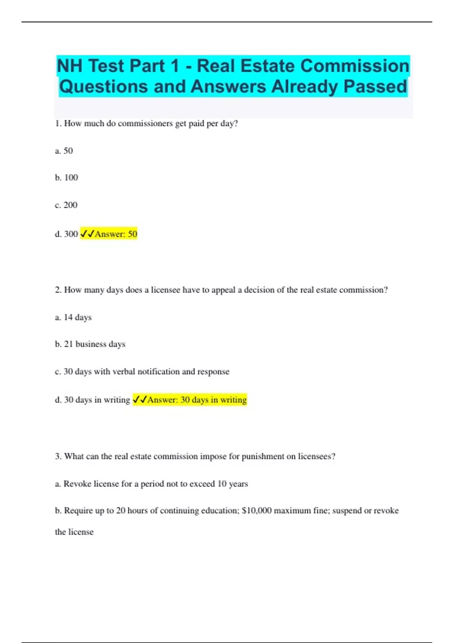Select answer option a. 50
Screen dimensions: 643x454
64,151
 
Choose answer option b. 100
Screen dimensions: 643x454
67,178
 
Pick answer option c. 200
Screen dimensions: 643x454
66,205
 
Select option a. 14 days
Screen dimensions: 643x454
73,317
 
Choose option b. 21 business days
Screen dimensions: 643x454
90,344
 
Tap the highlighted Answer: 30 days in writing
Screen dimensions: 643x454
190,400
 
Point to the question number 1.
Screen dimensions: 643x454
58,124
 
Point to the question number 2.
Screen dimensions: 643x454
58,290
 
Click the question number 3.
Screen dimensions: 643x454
58,457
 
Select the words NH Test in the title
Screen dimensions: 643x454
90,66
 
